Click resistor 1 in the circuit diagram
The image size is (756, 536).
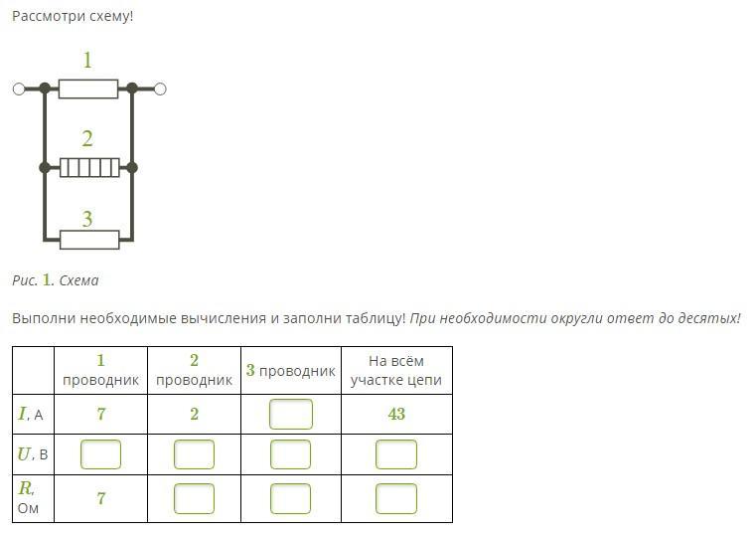(x=87, y=89)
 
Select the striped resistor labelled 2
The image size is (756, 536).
(x=89, y=167)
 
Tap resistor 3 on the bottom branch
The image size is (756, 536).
(x=89, y=240)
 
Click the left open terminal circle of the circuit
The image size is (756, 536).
(x=19, y=89)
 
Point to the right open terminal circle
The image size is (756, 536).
(x=160, y=89)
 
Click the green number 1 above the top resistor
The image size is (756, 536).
(x=87, y=61)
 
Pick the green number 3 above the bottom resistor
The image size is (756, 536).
(x=87, y=219)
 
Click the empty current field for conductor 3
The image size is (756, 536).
(x=290, y=414)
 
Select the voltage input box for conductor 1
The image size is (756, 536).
(x=100, y=454)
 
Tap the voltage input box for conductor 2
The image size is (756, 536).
(x=194, y=454)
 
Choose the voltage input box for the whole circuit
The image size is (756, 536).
(x=395, y=454)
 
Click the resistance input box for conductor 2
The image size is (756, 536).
(x=194, y=498)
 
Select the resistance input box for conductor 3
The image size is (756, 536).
(x=290, y=498)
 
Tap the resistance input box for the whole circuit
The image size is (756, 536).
(x=395, y=498)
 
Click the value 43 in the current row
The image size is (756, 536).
(x=396, y=414)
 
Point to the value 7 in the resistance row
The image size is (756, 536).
(x=100, y=498)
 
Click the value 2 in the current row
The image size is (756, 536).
(x=194, y=414)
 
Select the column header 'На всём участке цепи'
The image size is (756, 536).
(x=395, y=370)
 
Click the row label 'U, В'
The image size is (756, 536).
(x=34, y=454)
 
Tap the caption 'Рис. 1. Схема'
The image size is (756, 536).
(x=56, y=280)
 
